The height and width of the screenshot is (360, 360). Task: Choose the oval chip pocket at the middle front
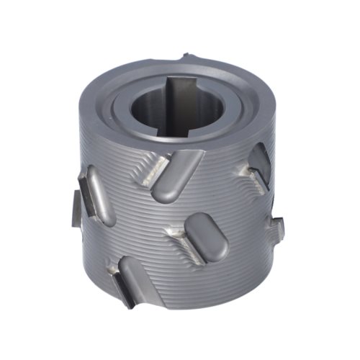(x=207, y=237)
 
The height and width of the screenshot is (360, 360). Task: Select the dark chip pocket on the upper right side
(x=261, y=162)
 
